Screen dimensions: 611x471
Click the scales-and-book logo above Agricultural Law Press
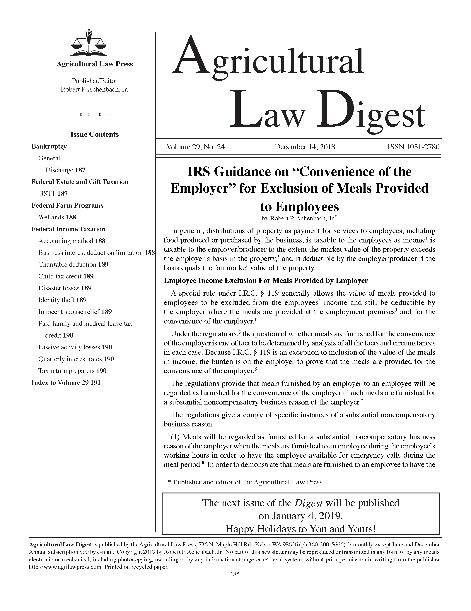[x=88, y=42]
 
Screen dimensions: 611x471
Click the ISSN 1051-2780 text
[x=413, y=147]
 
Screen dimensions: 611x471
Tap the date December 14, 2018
[x=305, y=147]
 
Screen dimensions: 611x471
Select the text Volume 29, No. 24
[x=195, y=147]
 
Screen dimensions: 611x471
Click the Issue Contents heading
[x=94, y=134]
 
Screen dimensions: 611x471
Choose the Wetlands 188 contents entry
[x=57, y=217]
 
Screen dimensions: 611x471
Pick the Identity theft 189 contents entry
[x=62, y=300]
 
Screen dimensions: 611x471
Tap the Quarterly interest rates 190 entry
[x=76, y=359]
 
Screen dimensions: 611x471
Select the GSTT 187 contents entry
[x=53, y=194]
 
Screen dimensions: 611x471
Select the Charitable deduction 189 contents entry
[x=73, y=264]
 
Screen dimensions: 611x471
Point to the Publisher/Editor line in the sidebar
[x=94, y=81]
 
